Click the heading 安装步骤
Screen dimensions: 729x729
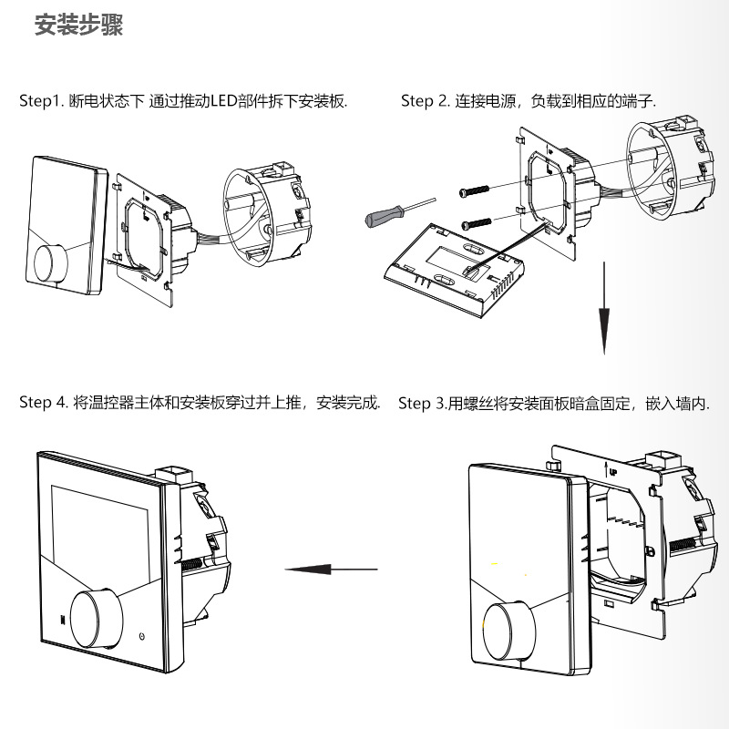point(78,26)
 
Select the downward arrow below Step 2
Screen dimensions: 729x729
point(603,310)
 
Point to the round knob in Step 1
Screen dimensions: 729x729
point(52,262)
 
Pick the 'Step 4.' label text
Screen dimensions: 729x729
point(44,403)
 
